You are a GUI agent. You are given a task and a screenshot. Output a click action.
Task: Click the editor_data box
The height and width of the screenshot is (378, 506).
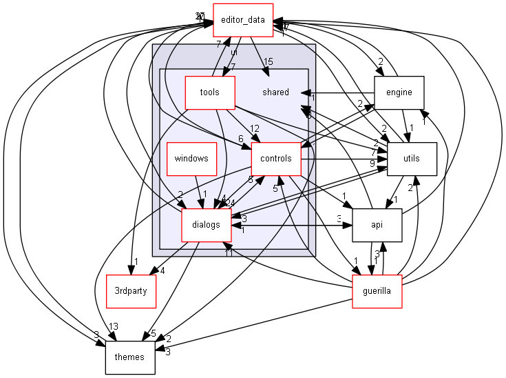(244, 21)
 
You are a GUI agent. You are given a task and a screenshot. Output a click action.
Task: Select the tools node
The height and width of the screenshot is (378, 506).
(210, 92)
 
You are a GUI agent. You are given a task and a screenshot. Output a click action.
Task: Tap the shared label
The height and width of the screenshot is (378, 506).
(276, 92)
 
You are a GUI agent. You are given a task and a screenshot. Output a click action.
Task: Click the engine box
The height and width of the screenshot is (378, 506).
(399, 92)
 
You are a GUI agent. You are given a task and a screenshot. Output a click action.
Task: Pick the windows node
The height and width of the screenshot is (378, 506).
(191, 159)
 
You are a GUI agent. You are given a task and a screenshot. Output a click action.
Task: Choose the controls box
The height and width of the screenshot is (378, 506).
(276, 159)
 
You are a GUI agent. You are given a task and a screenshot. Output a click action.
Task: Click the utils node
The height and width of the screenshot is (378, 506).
(412, 159)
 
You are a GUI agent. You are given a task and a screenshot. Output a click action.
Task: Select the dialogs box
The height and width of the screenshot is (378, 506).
(206, 225)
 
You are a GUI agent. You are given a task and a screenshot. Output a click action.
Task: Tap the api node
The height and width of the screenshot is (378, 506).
(377, 225)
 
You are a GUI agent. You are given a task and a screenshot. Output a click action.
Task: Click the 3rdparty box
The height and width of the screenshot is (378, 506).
(131, 291)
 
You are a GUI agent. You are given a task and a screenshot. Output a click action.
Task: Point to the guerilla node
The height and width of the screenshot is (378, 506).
(377, 291)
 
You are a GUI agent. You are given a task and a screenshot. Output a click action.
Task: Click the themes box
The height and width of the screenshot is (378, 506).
(129, 357)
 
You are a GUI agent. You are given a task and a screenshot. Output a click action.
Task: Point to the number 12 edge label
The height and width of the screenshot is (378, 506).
(255, 129)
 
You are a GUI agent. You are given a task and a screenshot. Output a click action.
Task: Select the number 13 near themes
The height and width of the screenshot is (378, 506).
(113, 327)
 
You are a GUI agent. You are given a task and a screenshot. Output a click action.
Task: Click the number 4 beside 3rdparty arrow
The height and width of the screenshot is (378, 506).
(162, 270)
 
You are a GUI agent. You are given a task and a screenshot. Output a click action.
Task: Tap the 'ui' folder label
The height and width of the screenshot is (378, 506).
(234, 52)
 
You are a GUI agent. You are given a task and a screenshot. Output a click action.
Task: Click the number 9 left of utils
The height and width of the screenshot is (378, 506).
(372, 163)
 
